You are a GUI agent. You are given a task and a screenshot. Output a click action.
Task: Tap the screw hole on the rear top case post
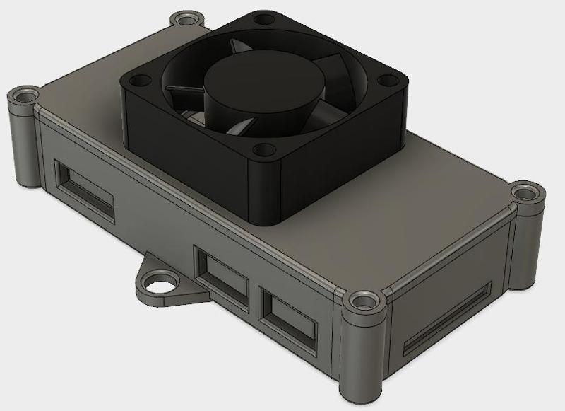[x=186, y=16]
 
